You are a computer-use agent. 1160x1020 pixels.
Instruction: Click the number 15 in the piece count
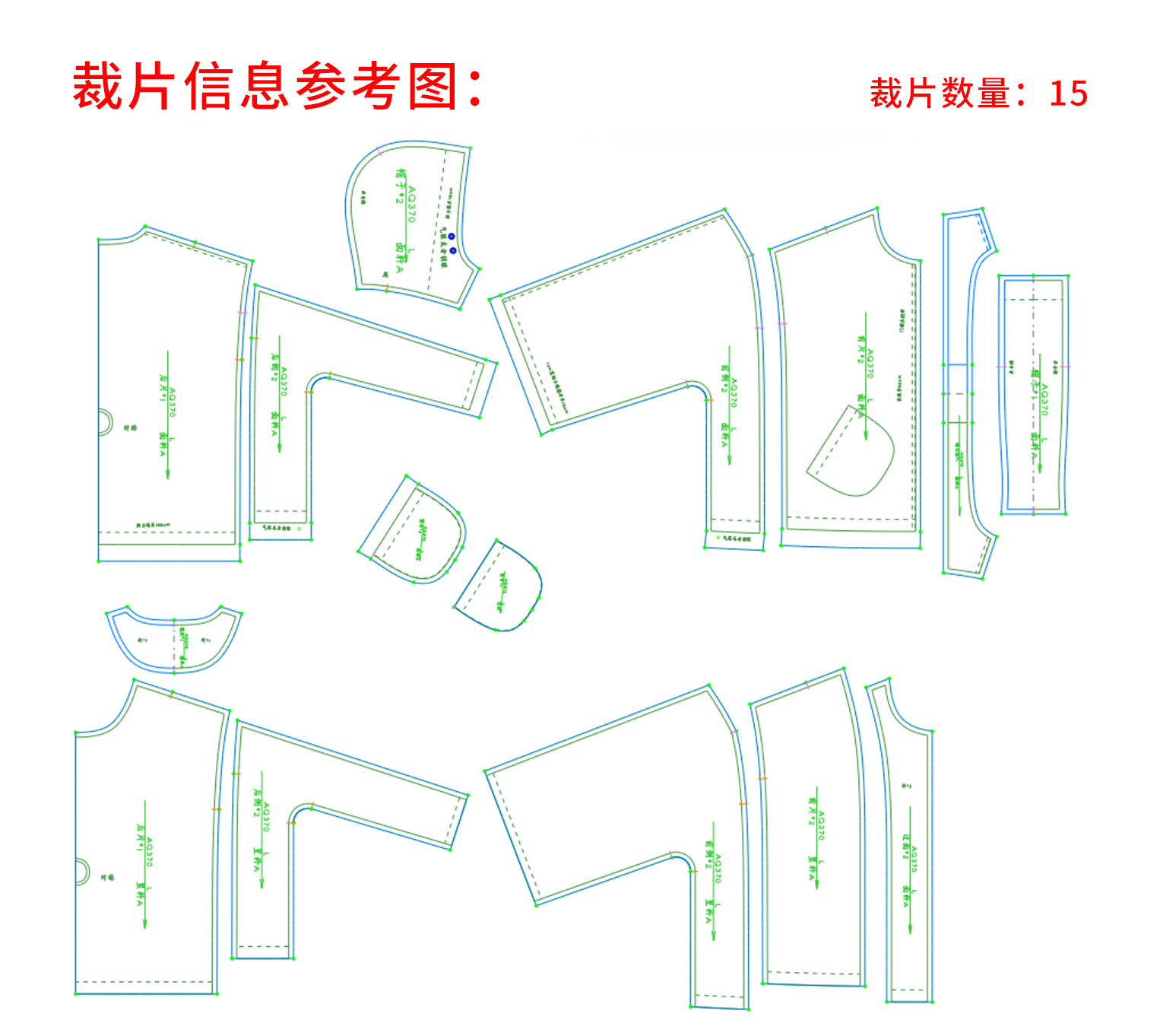click(x=1068, y=94)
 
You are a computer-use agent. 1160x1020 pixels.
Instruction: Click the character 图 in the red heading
click(x=433, y=86)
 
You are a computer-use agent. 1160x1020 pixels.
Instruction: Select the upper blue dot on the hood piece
click(x=451, y=237)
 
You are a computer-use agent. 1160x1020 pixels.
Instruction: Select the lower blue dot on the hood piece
click(x=453, y=250)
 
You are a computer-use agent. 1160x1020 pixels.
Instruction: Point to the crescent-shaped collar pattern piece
click(x=174, y=639)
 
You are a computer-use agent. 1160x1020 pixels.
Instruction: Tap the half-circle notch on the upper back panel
click(x=105, y=422)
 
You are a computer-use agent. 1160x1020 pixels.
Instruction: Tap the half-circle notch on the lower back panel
click(x=82, y=872)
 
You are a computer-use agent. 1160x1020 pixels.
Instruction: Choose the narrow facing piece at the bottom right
click(x=909, y=844)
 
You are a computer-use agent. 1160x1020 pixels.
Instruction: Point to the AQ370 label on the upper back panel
click(x=173, y=402)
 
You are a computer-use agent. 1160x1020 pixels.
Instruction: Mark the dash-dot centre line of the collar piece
click(x=174, y=643)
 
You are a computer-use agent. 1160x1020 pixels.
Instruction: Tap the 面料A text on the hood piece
click(x=400, y=258)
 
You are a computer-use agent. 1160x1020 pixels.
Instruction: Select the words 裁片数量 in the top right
click(x=940, y=94)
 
